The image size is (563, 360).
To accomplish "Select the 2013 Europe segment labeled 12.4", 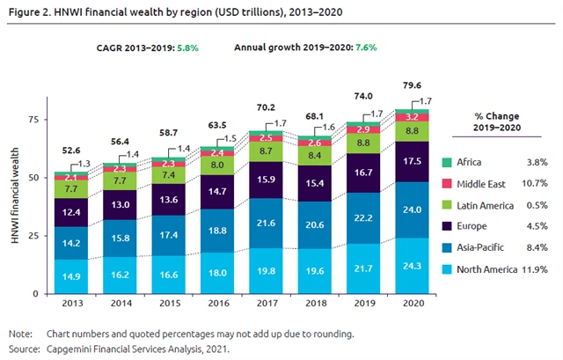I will [72, 212].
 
